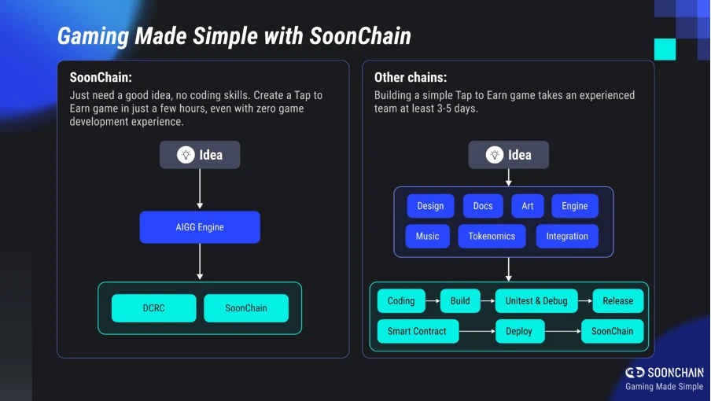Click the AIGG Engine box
[200, 227]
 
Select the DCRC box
[153, 308]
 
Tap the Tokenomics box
[492, 236]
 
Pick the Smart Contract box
[417, 331]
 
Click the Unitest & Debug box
[536, 300]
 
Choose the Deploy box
[519, 331]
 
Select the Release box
[617, 300]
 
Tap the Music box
[427, 236]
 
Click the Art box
[527, 206]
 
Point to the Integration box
[567, 236]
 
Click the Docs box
[483, 206]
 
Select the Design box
[430, 206]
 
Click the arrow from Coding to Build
[432, 300]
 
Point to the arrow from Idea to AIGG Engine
[200, 189]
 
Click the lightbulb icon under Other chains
[495, 155]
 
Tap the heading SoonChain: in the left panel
[101, 78]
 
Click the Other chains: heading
[411, 78]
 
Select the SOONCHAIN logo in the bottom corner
[665, 372]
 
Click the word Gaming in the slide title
[94, 36]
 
